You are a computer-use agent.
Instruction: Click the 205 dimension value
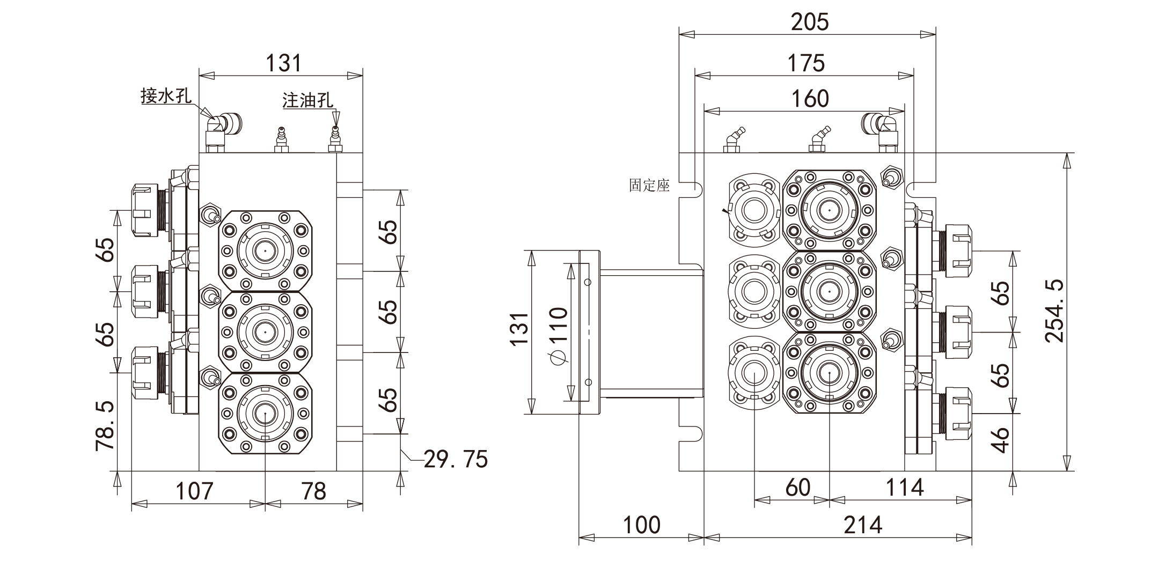click(810, 22)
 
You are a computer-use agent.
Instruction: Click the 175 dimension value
click(806, 63)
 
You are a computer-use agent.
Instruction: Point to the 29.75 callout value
click(456, 459)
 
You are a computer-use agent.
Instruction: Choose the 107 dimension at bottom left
click(194, 491)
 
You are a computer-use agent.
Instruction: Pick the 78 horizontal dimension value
click(313, 491)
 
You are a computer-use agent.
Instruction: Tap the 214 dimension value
click(863, 525)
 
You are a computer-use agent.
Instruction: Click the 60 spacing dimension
click(797, 488)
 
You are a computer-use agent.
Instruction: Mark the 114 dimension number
click(905, 488)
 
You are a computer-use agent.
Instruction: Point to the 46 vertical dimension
click(1001, 440)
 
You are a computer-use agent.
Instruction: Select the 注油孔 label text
click(307, 100)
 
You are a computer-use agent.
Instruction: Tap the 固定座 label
click(649, 186)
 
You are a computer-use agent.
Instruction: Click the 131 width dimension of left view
click(284, 63)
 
